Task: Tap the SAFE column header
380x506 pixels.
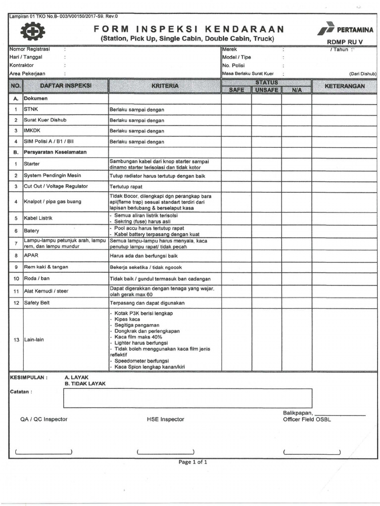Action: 236,90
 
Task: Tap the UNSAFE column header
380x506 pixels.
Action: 267,90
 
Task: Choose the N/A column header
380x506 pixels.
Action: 296,90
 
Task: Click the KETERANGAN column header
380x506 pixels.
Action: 344,86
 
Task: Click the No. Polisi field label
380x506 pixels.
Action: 235,65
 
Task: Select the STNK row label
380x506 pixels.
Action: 31,109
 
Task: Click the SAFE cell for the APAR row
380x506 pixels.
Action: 236,255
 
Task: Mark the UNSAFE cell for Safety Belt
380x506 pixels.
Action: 267,303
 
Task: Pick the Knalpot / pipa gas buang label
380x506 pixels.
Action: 52,202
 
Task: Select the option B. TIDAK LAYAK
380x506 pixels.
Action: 85,383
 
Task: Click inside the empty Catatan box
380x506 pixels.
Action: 188,398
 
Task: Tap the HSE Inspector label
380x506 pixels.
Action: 165,419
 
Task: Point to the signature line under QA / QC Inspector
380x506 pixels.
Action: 44,452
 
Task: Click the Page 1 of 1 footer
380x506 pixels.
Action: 192,462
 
